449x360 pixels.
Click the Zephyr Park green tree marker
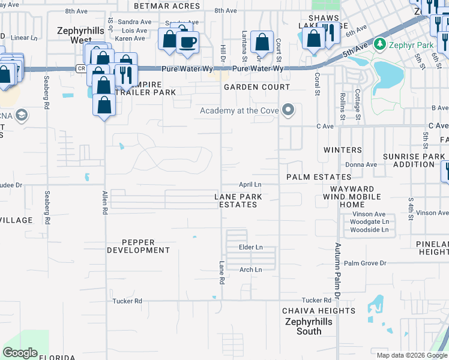[x=379, y=44]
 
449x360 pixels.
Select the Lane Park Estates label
[x=237, y=200]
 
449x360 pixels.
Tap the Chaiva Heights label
[x=319, y=311]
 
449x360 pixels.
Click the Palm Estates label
[x=318, y=177]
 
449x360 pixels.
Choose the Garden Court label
[x=257, y=87]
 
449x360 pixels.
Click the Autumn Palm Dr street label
[x=337, y=271]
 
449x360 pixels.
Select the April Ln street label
[x=250, y=184]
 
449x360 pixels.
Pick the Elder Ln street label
[x=250, y=247]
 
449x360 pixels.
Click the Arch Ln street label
[x=250, y=270]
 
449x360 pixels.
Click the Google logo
[x=20, y=352]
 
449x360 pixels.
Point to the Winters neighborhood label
[x=343, y=150]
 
